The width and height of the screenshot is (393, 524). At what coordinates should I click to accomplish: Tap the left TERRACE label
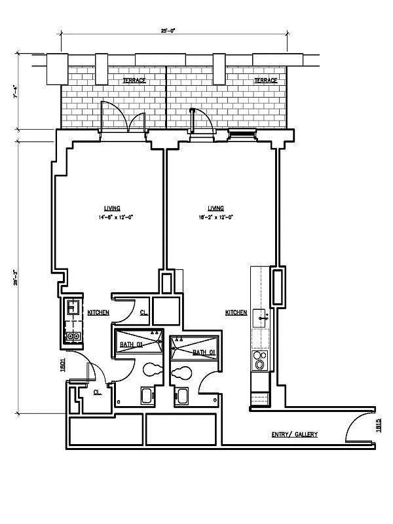134,80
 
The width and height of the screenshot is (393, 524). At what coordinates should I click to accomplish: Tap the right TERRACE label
265,80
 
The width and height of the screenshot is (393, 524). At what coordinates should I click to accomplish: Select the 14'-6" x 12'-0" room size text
116,217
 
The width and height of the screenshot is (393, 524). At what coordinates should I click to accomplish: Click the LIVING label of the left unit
112,208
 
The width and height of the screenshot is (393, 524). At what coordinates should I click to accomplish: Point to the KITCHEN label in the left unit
98,313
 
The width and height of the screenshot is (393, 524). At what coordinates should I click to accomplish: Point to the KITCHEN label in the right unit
236,313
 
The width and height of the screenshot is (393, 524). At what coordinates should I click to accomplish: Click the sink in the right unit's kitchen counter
262,318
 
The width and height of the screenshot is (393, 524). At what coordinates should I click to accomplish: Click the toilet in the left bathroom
153,369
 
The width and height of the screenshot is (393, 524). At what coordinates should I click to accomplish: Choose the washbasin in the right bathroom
180,396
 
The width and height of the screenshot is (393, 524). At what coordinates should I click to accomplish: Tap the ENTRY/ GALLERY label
295,434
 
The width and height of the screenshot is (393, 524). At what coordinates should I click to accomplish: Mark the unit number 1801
63,365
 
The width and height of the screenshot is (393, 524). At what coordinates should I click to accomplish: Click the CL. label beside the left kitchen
143,313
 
